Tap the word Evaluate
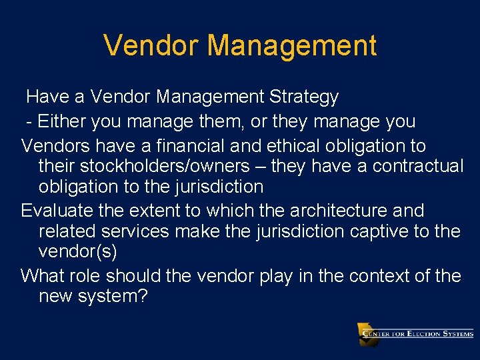57,211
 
